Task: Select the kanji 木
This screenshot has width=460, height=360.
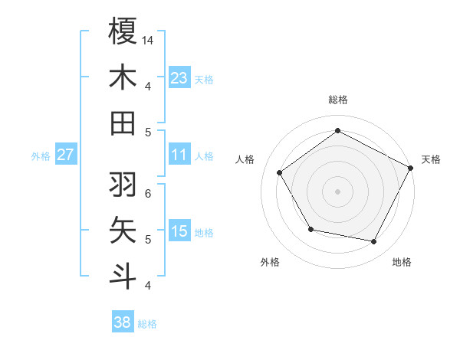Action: (x=123, y=77)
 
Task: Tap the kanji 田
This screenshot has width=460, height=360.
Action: (x=123, y=123)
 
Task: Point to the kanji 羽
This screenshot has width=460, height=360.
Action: (x=123, y=185)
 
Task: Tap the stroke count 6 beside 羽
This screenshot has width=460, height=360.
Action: (x=149, y=193)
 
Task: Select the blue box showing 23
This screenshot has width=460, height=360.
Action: (x=179, y=77)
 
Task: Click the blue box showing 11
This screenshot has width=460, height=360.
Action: (x=179, y=155)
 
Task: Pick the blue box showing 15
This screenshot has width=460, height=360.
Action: (x=179, y=231)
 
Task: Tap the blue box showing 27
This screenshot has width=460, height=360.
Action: (x=66, y=155)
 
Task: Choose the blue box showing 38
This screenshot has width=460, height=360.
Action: (x=123, y=322)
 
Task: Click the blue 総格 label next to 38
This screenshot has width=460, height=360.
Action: (x=147, y=324)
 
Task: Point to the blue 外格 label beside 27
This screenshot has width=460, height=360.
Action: (x=41, y=156)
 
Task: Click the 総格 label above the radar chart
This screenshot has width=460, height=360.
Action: (x=338, y=100)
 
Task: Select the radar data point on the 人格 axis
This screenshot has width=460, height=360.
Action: (x=280, y=172)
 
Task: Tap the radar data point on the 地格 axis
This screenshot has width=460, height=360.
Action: (x=374, y=242)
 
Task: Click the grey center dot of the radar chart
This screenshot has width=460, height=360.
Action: (x=338, y=191)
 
